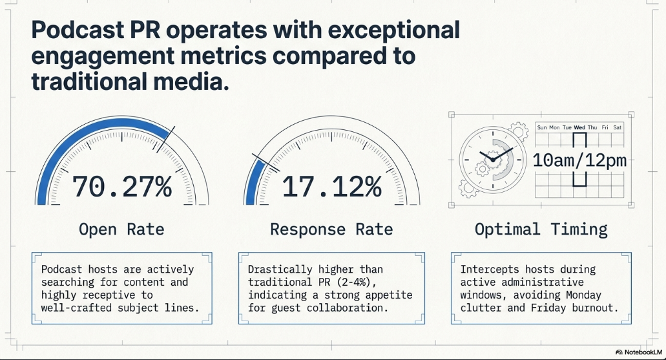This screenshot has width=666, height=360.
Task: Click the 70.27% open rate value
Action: point(122,187)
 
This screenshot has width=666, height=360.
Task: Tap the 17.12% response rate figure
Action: point(332,187)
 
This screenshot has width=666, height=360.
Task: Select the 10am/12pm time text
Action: point(579,160)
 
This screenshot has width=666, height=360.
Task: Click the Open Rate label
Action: point(121,229)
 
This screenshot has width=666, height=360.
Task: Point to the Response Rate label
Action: point(331,229)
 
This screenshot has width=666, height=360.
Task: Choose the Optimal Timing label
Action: point(541,229)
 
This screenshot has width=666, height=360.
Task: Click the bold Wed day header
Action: point(579,127)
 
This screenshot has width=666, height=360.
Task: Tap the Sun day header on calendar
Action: point(542,127)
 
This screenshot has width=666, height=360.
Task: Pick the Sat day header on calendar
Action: point(617,127)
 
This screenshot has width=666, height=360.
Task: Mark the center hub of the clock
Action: point(493,160)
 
